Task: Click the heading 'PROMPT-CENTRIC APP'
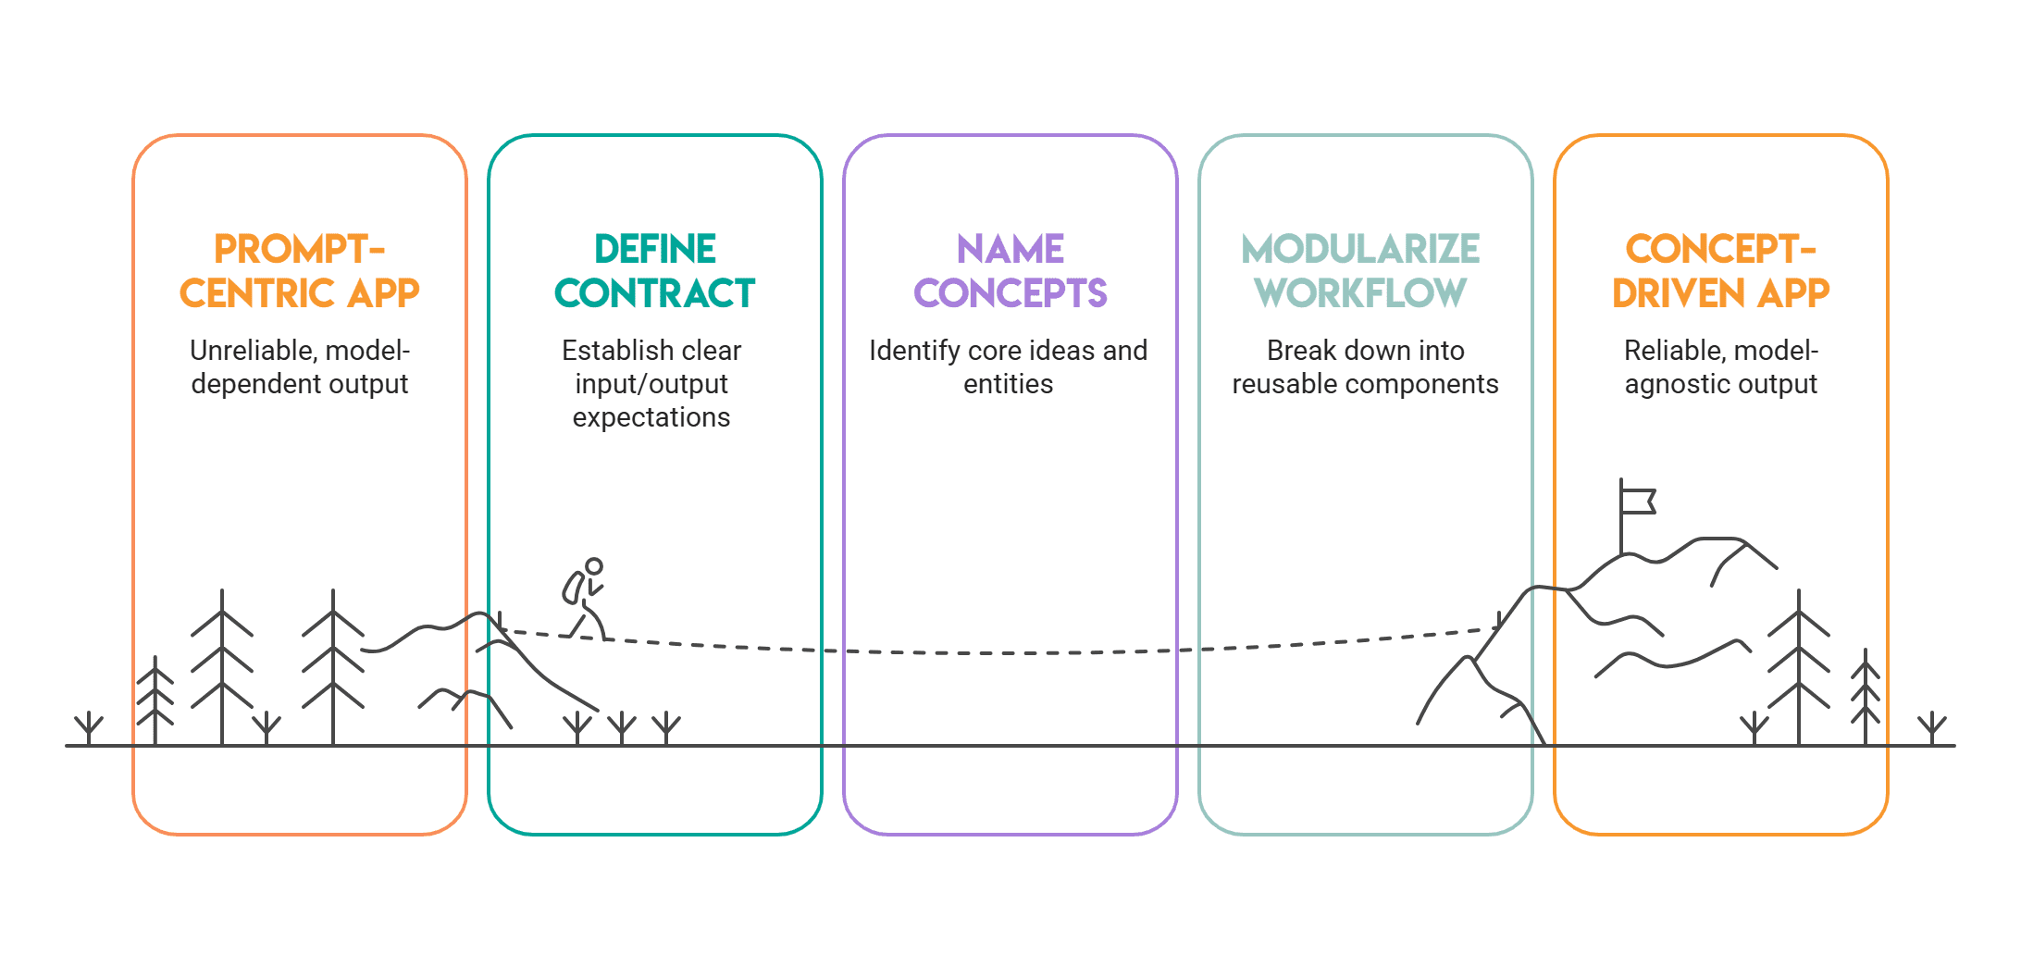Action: [x=299, y=271]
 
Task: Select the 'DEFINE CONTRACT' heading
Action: [x=654, y=271]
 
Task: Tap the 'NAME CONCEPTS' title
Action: [x=1010, y=271]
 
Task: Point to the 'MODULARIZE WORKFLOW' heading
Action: [x=1360, y=271]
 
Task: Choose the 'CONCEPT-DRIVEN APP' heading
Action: [x=1720, y=271]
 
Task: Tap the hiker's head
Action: [x=594, y=565]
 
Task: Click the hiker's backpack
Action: [x=573, y=588]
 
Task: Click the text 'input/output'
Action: [x=651, y=384]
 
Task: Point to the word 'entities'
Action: [x=1008, y=384]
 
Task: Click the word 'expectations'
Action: [x=651, y=417]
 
